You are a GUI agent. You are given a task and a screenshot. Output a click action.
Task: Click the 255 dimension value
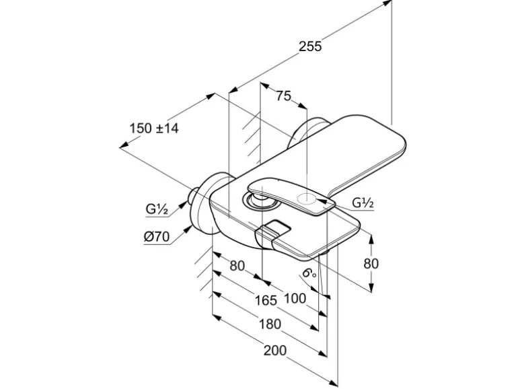point(310,46)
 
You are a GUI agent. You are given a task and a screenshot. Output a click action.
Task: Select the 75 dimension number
point(284,96)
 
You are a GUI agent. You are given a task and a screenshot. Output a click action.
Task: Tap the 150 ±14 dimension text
point(153,129)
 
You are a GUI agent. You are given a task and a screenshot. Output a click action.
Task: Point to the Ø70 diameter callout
point(157,237)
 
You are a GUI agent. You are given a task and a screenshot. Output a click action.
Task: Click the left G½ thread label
point(157,209)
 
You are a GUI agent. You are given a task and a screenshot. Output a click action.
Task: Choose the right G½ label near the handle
point(363,203)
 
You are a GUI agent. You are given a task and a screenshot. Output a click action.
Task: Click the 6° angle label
point(309,273)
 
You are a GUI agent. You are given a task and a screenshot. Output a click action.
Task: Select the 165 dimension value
point(266,300)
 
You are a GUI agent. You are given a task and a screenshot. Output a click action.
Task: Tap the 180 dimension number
point(270,324)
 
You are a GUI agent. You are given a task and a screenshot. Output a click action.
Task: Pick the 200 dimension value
point(275,350)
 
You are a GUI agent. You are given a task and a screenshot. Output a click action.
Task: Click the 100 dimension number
point(295,298)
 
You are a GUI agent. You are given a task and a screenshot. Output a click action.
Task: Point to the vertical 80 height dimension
point(371,263)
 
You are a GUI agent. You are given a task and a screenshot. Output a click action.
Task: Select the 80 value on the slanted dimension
point(237,265)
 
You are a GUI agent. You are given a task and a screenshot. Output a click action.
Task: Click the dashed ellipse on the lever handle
point(306,199)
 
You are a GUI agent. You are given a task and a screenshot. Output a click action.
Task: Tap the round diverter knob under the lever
point(259,201)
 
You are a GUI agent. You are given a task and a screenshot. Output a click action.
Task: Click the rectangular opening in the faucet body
point(274,227)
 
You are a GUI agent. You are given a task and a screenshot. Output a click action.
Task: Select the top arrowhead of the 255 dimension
point(387,3)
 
